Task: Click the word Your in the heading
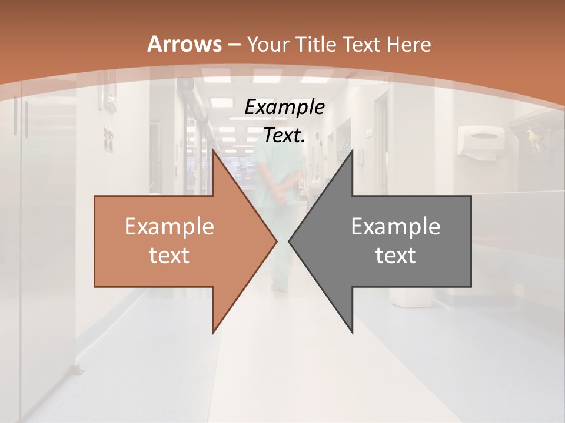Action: [268, 44]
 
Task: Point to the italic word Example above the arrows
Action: [284, 107]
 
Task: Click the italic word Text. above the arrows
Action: [284, 136]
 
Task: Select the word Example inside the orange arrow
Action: [169, 227]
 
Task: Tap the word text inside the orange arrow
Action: [169, 255]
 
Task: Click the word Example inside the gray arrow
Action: [395, 227]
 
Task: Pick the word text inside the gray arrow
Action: [395, 255]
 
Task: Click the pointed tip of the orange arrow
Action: [276, 241]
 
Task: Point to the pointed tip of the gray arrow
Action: [290, 241]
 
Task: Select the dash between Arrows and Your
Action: [234, 45]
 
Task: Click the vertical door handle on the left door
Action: [25, 117]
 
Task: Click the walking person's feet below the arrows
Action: [280, 287]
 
